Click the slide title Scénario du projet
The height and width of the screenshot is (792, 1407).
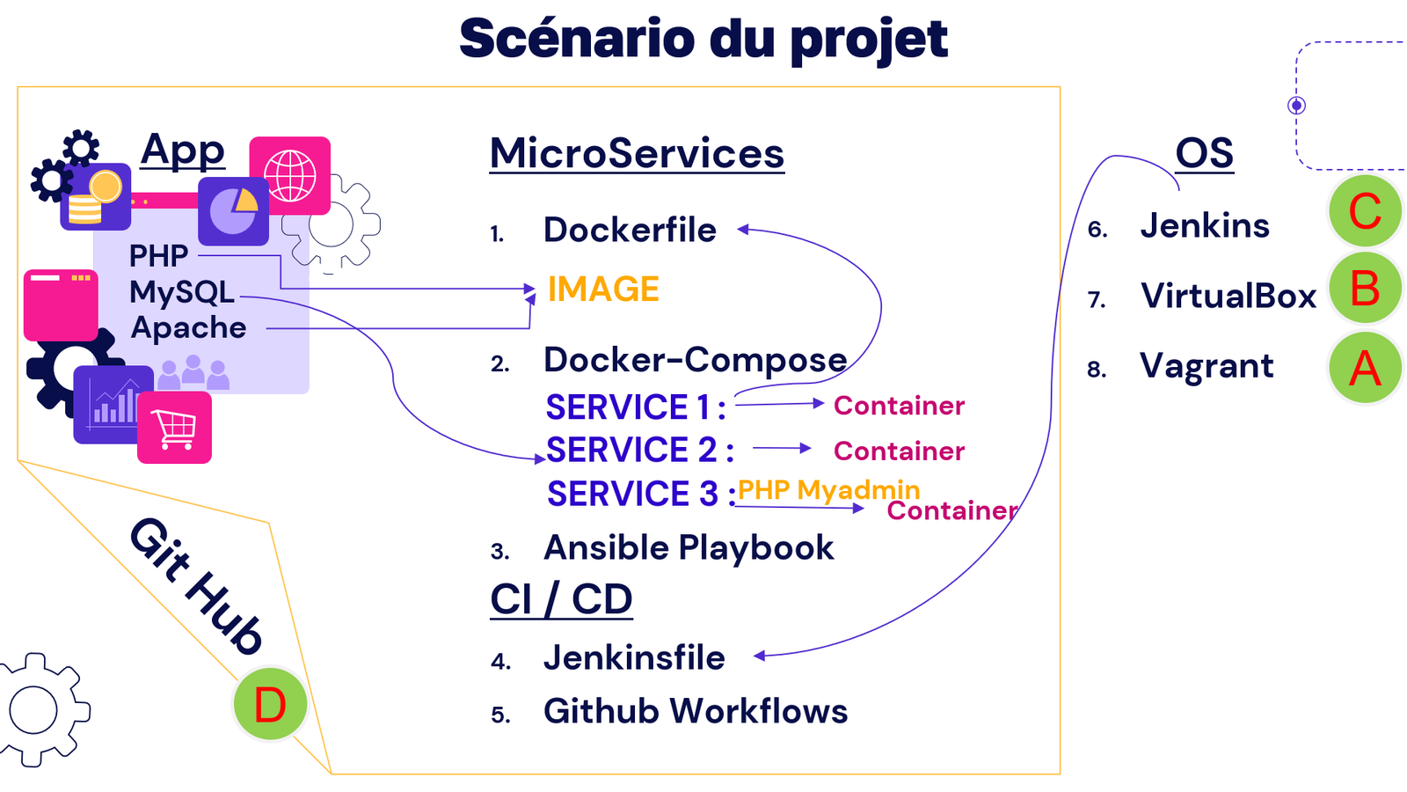(x=703, y=39)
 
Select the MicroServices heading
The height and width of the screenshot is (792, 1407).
(x=637, y=153)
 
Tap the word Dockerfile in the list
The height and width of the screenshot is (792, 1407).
(x=630, y=231)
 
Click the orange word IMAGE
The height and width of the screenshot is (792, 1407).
(x=603, y=290)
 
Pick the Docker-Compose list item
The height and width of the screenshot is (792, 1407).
(x=695, y=360)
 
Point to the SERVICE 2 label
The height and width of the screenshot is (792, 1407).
(x=639, y=451)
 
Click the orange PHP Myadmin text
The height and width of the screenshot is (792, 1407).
(x=828, y=490)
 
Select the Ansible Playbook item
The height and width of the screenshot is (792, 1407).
(x=689, y=548)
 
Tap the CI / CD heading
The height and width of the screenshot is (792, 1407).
(x=561, y=600)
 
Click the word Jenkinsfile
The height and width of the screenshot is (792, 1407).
(x=634, y=658)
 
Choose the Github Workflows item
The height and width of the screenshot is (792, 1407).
(x=695, y=711)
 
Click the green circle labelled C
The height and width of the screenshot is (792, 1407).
(x=1365, y=211)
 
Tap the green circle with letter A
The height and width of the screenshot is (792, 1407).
(x=1365, y=368)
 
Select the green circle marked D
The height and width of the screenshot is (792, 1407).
(x=270, y=705)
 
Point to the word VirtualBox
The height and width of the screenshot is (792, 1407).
(x=1228, y=297)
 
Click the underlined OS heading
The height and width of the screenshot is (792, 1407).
(x=1204, y=154)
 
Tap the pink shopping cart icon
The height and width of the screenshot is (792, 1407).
(x=174, y=428)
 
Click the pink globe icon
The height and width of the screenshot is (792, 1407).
(x=290, y=175)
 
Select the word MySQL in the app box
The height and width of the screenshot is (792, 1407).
(x=181, y=292)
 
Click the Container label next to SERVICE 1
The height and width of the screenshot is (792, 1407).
(x=899, y=406)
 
